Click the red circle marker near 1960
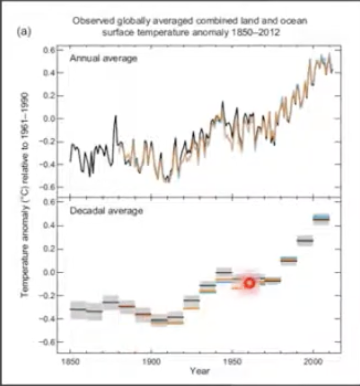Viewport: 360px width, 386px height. (x=249, y=283)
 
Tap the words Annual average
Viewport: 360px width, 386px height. (x=103, y=58)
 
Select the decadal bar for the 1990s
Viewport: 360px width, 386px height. (x=304, y=240)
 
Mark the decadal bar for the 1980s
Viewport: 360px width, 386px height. (x=288, y=260)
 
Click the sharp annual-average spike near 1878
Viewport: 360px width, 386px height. (x=116, y=116)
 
